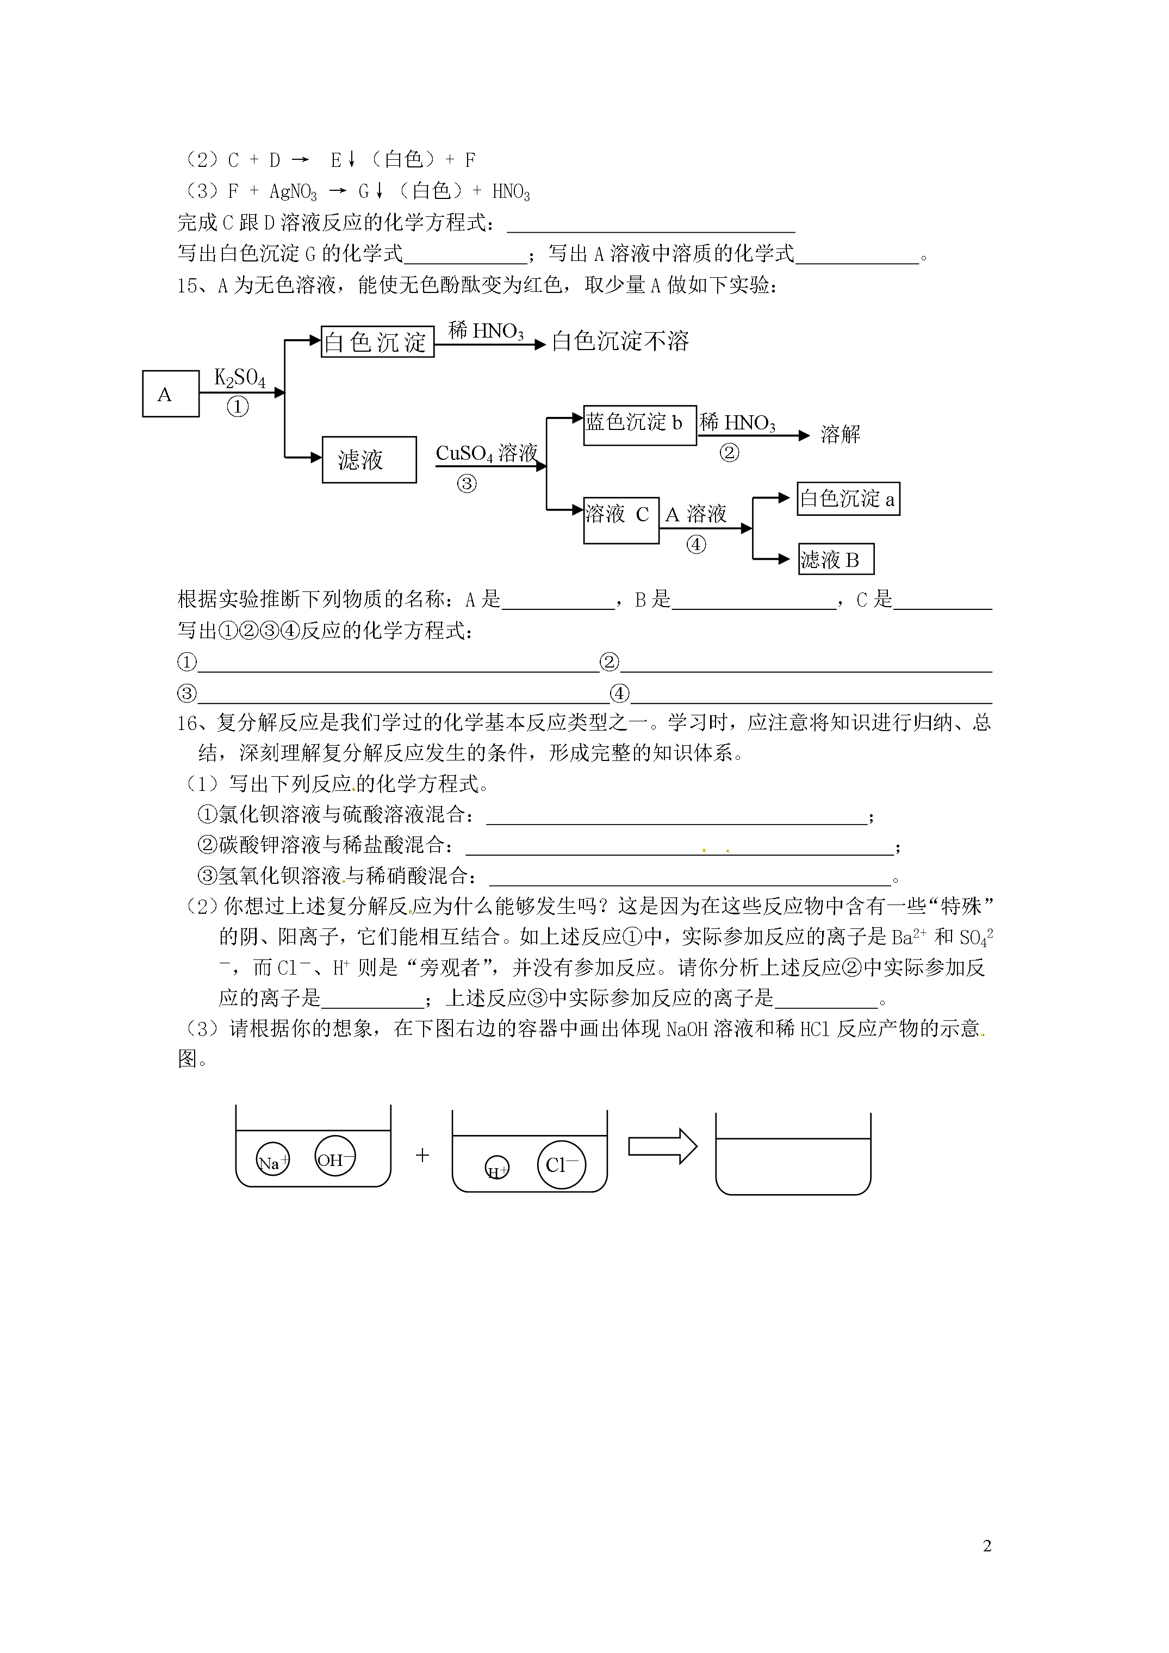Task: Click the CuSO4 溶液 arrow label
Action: pyautogui.click(x=487, y=453)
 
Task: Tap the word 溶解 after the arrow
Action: pyautogui.click(x=841, y=434)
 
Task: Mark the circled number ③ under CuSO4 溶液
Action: pyautogui.click(x=467, y=484)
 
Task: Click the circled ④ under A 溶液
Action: pyautogui.click(x=696, y=545)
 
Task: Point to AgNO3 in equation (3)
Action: pyautogui.click(x=293, y=191)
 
